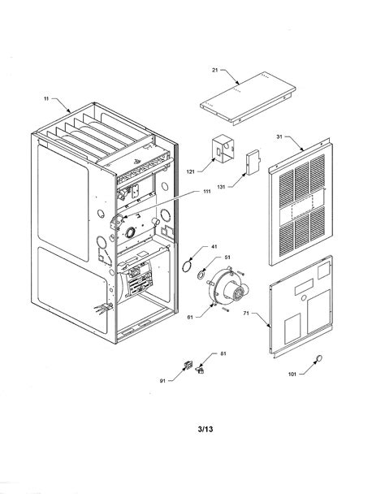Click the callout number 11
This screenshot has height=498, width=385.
pyautogui.click(x=46, y=99)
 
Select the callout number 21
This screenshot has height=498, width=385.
pyautogui.click(x=214, y=70)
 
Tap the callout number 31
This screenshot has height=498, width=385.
pyautogui.click(x=279, y=136)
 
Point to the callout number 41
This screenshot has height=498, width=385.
pyautogui.click(x=214, y=246)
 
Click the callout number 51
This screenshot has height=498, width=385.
pyautogui.click(x=227, y=258)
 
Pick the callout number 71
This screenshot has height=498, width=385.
pyautogui.click(x=245, y=313)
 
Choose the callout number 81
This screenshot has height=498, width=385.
pyautogui.click(x=223, y=353)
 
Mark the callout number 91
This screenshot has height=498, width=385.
pyautogui.click(x=162, y=381)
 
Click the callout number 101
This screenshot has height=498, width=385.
pyautogui.click(x=292, y=375)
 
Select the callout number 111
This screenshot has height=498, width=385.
pyautogui.click(x=207, y=191)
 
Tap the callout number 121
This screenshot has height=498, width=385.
pyautogui.click(x=191, y=172)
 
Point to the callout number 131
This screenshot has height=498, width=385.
pyautogui.click(x=221, y=187)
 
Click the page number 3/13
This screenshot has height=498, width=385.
pyautogui.click(x=205, y=429)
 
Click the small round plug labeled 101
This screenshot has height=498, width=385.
pyautogui.click(x=318, y=358)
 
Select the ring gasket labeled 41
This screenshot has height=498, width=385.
pyautogui.click(x=188, y=266)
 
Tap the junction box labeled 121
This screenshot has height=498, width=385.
pyautogui.click(x=223, y=150)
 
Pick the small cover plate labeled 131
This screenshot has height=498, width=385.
pyautogui.click(x=253, y=162)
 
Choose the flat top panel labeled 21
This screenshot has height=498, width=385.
pyautogui.click(x=248, y=98)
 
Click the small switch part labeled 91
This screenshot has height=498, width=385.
pyautogui.click(x=188, y=365)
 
